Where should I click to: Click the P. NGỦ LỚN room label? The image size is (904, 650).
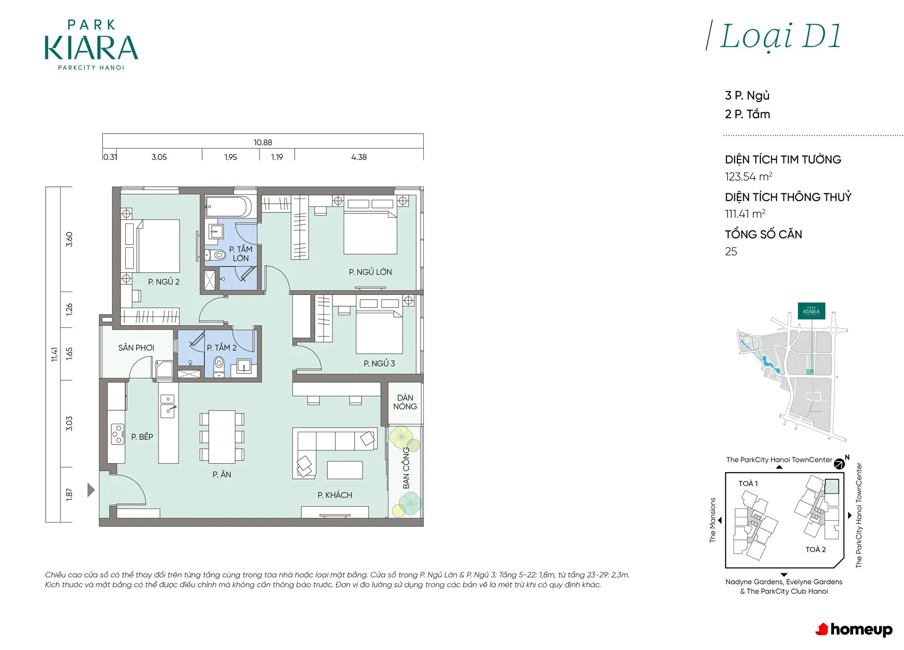[370, 272]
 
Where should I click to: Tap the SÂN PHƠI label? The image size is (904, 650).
[136, 348]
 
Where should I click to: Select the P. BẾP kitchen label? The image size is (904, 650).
[142, 436]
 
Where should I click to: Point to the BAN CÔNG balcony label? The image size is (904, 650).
[406, 468]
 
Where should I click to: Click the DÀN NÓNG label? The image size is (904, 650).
[405, 402]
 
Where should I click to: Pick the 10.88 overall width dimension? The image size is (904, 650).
[263, 143]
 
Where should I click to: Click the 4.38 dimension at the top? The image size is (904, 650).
[359, 157]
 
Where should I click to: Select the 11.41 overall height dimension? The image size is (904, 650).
[55, 354]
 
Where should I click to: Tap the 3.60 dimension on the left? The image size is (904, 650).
[69, 239]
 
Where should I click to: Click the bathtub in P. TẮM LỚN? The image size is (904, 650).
[228, 207]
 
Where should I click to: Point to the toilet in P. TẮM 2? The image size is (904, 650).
[219, 367]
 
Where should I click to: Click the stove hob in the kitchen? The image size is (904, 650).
[118, 434]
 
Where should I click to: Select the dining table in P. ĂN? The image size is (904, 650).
[222, 436]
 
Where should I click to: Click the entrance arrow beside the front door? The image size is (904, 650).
[91, 490]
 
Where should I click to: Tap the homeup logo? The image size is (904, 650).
[854, 629]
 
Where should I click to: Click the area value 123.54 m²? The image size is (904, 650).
[749, 177]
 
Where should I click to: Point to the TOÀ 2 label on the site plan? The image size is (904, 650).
[815, 549]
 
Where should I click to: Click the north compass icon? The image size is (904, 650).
[839, 464]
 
